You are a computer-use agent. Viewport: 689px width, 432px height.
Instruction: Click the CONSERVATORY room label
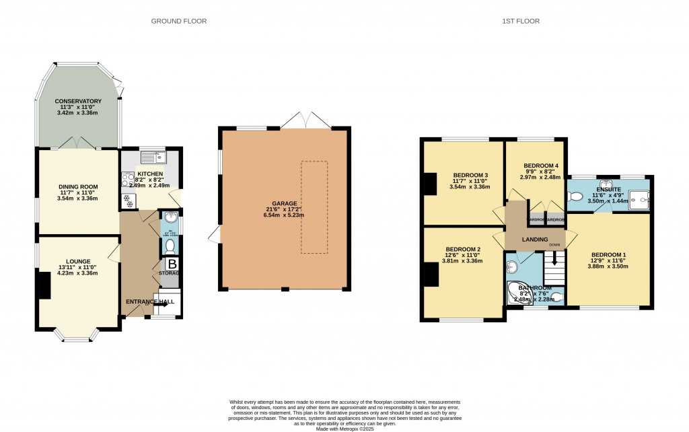pos(78,101)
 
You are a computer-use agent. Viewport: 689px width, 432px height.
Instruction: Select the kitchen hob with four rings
pos(128,179)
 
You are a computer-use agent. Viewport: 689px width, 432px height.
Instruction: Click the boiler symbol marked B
pos(172,264)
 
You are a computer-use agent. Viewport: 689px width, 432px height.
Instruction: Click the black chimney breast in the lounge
pos(44,285)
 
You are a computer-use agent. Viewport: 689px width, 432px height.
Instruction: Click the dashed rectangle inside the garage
pos(314,207)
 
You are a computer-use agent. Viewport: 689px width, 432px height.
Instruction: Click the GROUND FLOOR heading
pos(178,22)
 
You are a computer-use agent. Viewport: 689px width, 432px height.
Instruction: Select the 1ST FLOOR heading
pos(520,22)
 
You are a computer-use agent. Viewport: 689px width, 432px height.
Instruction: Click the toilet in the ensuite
pos(575,196)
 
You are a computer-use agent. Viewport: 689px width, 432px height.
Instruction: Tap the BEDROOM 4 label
pos(541,166)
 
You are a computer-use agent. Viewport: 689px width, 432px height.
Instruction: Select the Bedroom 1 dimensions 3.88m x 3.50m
pos(609,266)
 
